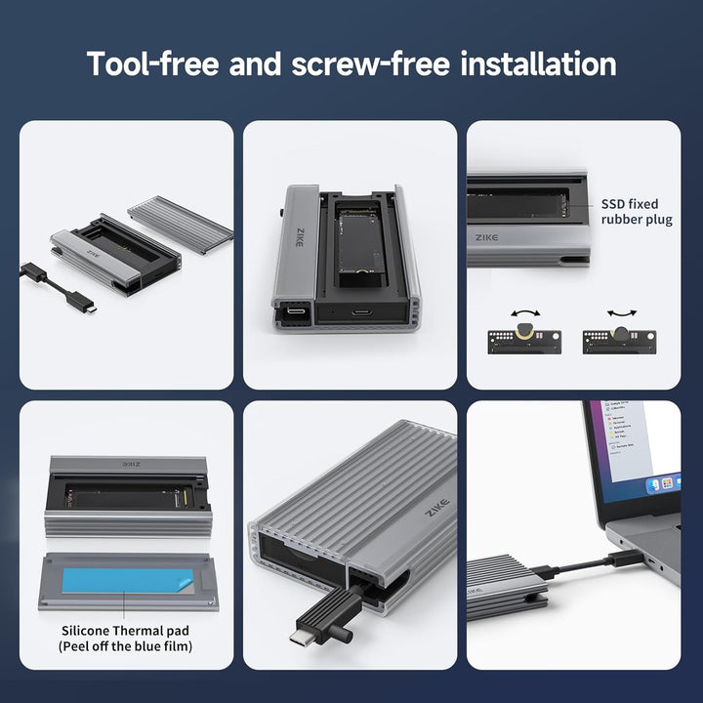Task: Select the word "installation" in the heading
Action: coord(537,64)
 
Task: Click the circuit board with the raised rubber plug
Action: coord(524,341)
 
